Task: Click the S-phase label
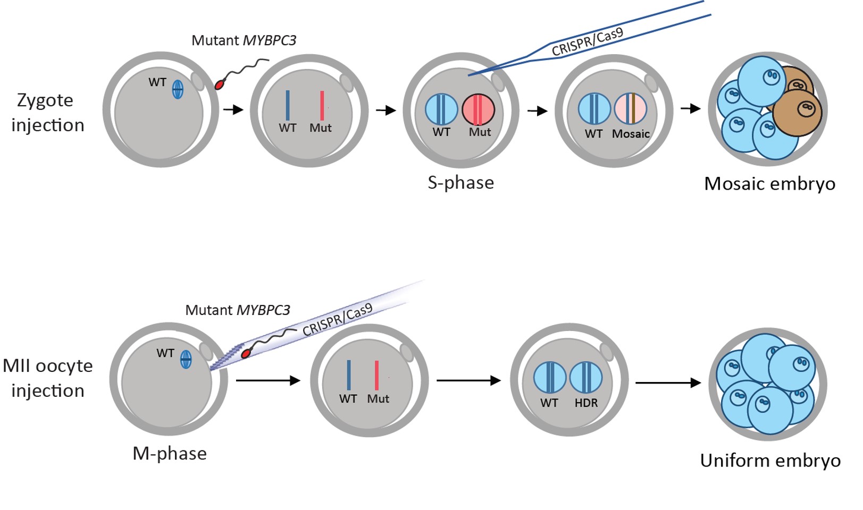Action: (460, 183)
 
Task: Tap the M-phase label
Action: (169, 454)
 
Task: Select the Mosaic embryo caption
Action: (769, 184)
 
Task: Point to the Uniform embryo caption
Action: (770, 461)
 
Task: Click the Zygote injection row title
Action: (47, 113)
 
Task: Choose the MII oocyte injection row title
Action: (47, 378)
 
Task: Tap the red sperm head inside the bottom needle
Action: (246, 353)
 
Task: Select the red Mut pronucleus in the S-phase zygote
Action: (478, 109)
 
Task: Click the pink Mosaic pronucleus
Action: (630, 109)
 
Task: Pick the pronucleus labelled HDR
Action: (585, 378)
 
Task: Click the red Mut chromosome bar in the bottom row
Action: (376, 376)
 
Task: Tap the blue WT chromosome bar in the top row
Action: (288, 105)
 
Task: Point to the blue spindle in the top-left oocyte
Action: (178, 89)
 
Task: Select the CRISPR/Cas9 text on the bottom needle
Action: (337, 320)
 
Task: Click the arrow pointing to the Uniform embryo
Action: (668, 382)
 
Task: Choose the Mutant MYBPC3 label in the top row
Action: (244, 40)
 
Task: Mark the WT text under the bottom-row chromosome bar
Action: (348, 399)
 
